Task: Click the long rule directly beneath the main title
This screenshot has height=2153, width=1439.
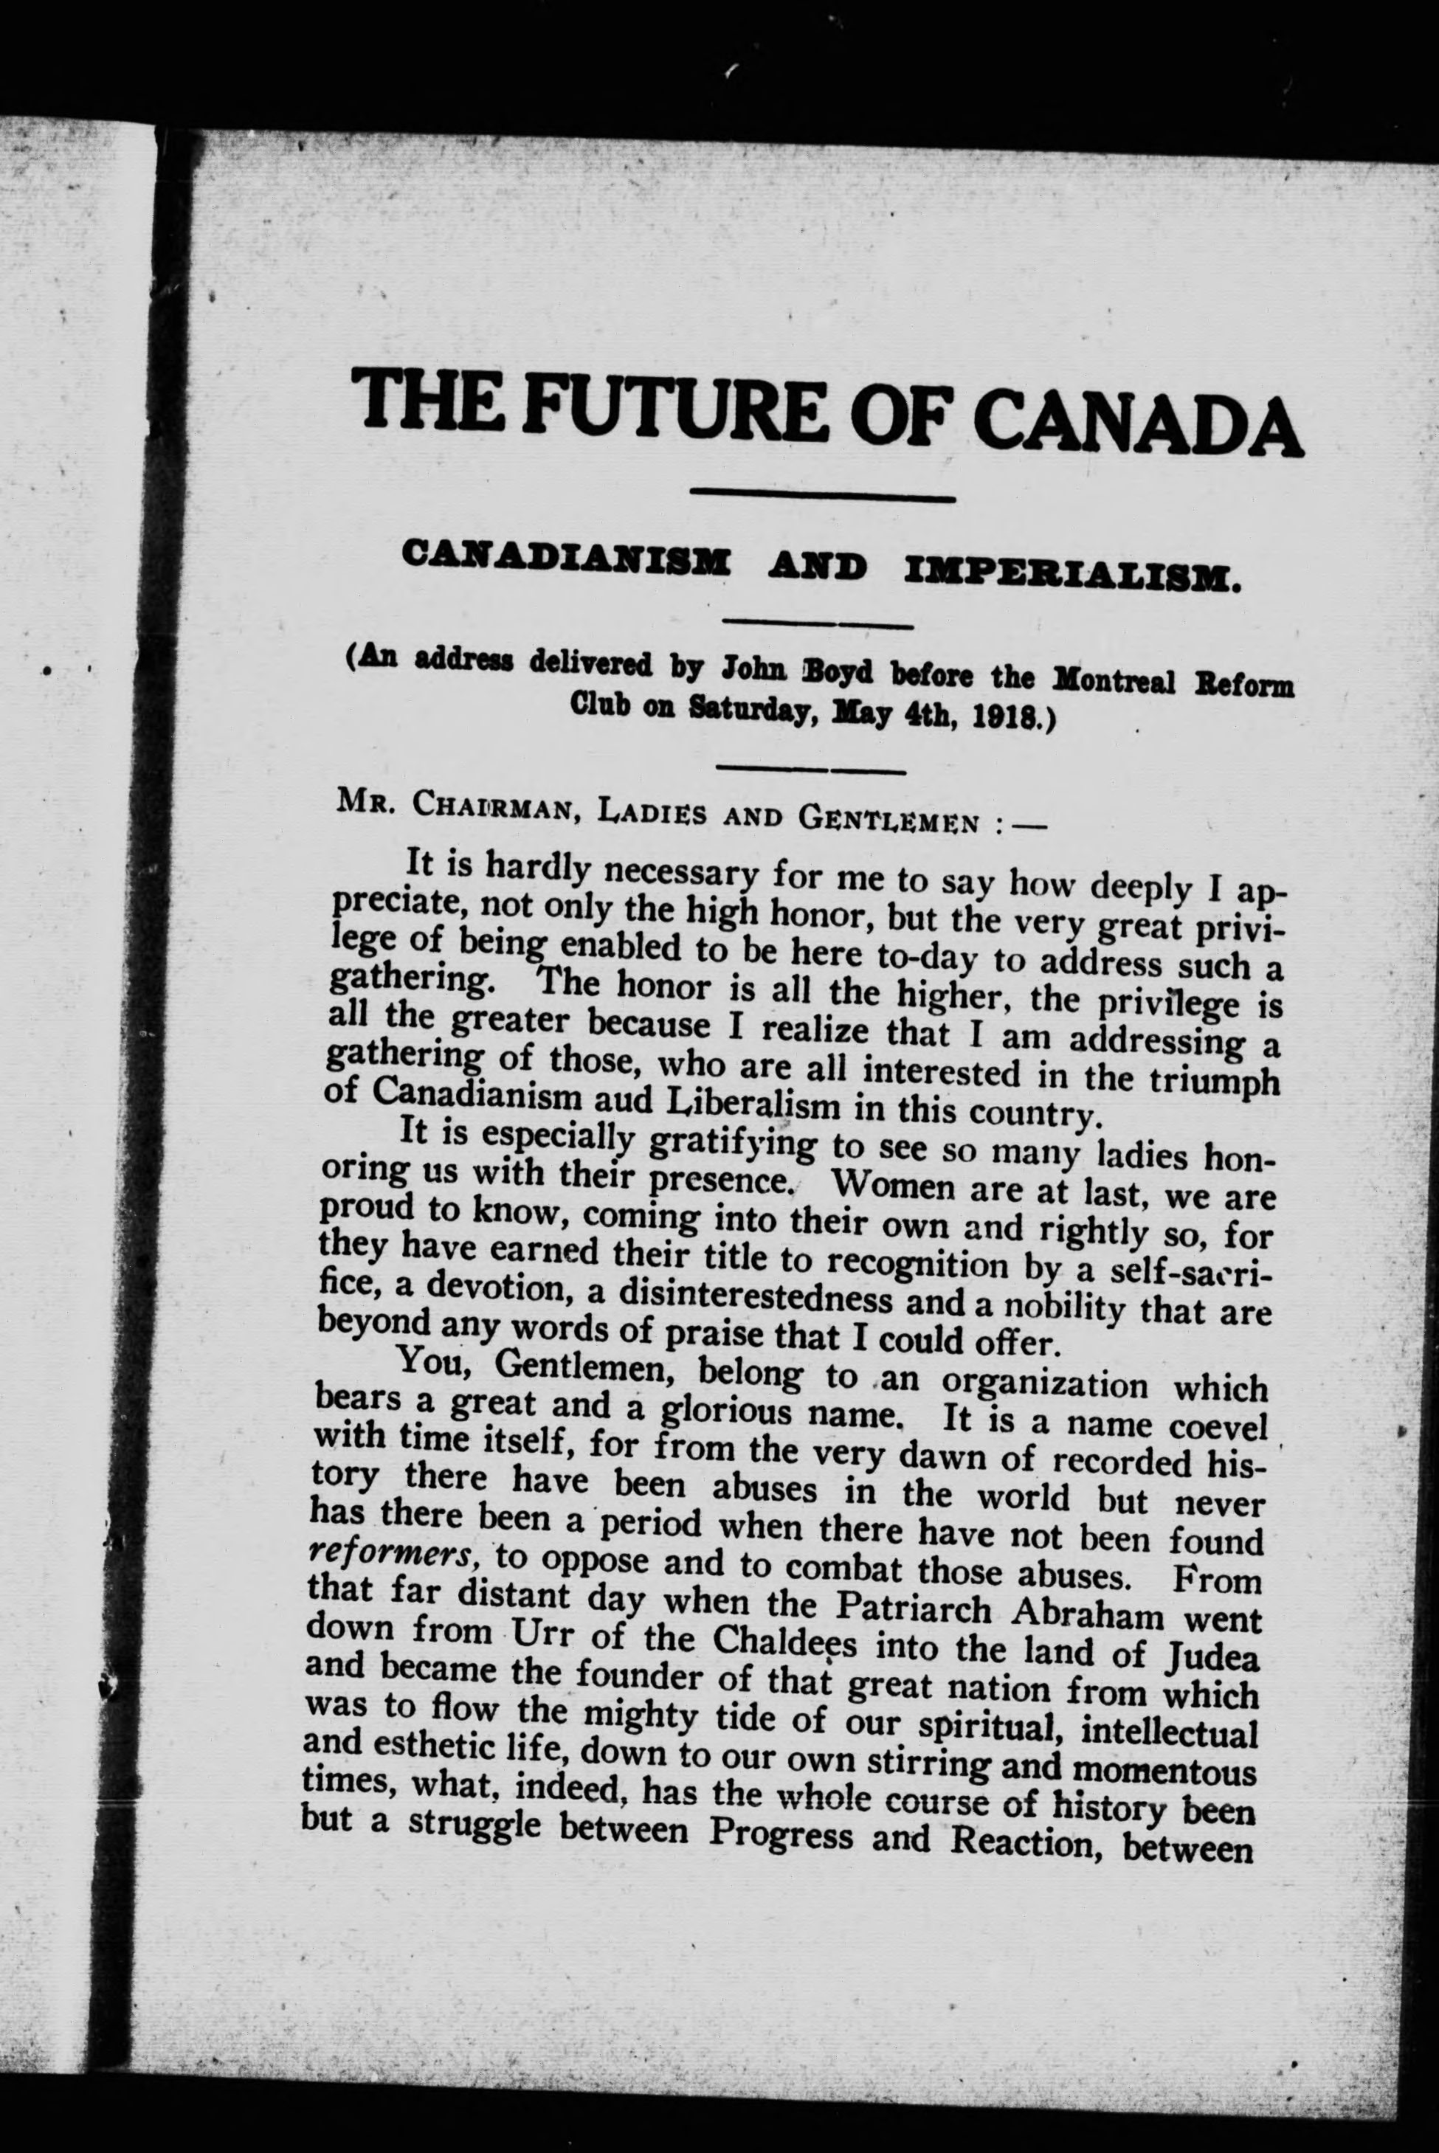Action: [x=821, y=497]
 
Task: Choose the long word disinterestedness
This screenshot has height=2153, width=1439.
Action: [x=757, y=1299]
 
